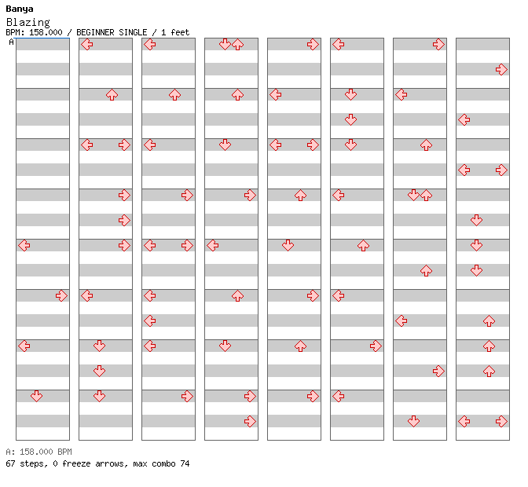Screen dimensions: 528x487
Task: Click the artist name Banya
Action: coord(20,9)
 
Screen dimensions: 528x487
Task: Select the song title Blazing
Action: coord(28,22)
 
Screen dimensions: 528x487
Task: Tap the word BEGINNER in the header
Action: coord(95,32)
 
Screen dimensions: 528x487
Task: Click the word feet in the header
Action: coord(180,32)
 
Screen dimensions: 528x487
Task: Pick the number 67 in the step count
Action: coord(10,463)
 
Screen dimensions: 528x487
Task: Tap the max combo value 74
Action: coord(185,463)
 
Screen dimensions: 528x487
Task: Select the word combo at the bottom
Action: coord(163,463)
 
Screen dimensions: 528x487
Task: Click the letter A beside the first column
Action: coord(12,42)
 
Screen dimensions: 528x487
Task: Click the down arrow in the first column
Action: coord(36,396)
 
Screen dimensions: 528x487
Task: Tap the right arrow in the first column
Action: coord(61,296)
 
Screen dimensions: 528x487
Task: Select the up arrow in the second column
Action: coord(112,94)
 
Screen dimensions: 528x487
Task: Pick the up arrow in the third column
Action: coord(174,94)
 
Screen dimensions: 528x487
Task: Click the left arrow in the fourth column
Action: coord(212,245)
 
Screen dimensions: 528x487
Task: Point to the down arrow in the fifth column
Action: coord(288,245)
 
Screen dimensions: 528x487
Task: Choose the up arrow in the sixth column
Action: coord(363,245)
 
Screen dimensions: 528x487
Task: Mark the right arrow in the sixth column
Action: coord(376,346)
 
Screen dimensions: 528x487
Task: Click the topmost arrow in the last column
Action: coord(502,69)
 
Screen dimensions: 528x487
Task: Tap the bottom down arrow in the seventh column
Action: coord(413,421)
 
